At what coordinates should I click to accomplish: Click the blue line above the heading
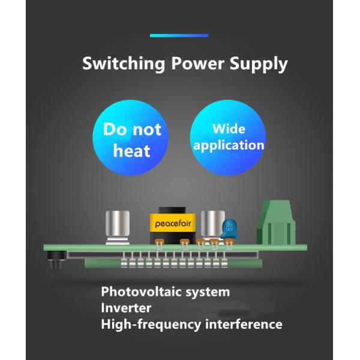[179, 35]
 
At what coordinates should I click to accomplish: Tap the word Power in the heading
[191, 64]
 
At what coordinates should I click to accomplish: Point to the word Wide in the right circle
[229, 129]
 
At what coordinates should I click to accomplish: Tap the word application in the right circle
[229, 145]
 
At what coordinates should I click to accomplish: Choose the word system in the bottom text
[207, 292]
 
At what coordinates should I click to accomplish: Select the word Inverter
[126, 308]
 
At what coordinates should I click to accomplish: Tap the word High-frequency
[151, 325]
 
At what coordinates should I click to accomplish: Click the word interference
[244, 325]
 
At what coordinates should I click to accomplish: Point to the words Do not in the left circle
[132, 130]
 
